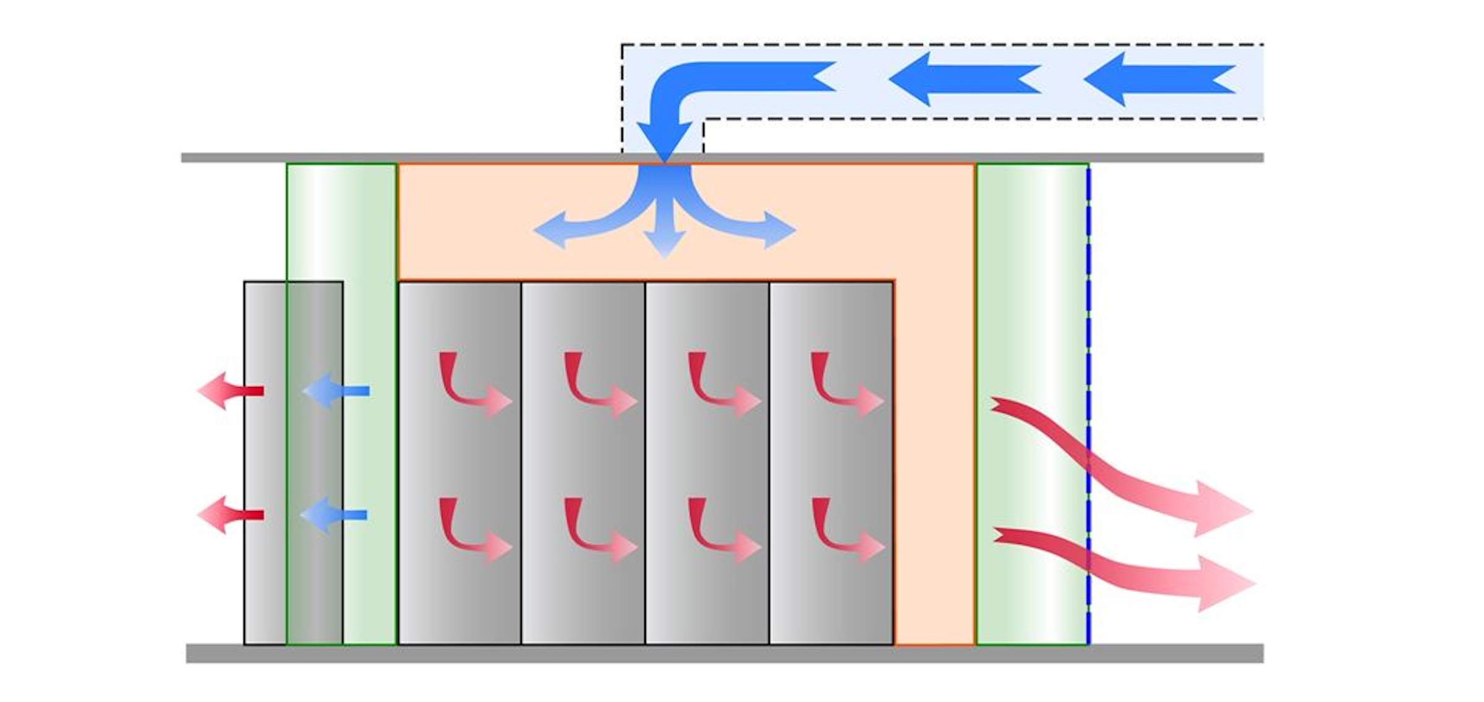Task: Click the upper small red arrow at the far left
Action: click(x=229, y=391)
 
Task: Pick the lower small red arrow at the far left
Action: click(x=229, y=515)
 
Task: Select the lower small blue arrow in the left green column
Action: click(x=334, y=515)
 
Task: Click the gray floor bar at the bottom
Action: click(x=723, y=653)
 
